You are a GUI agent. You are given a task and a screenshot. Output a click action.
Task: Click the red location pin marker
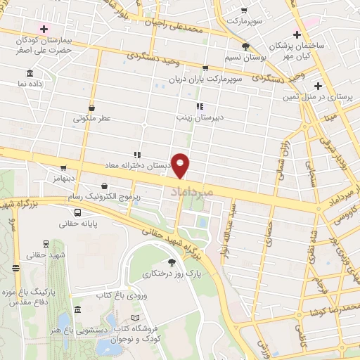(181, 165)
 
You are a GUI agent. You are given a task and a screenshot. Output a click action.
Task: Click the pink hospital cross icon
(44, 29)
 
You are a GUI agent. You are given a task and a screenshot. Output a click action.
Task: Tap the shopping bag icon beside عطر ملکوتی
(92, 108)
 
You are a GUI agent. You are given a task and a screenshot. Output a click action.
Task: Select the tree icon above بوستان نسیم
(245, 46)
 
